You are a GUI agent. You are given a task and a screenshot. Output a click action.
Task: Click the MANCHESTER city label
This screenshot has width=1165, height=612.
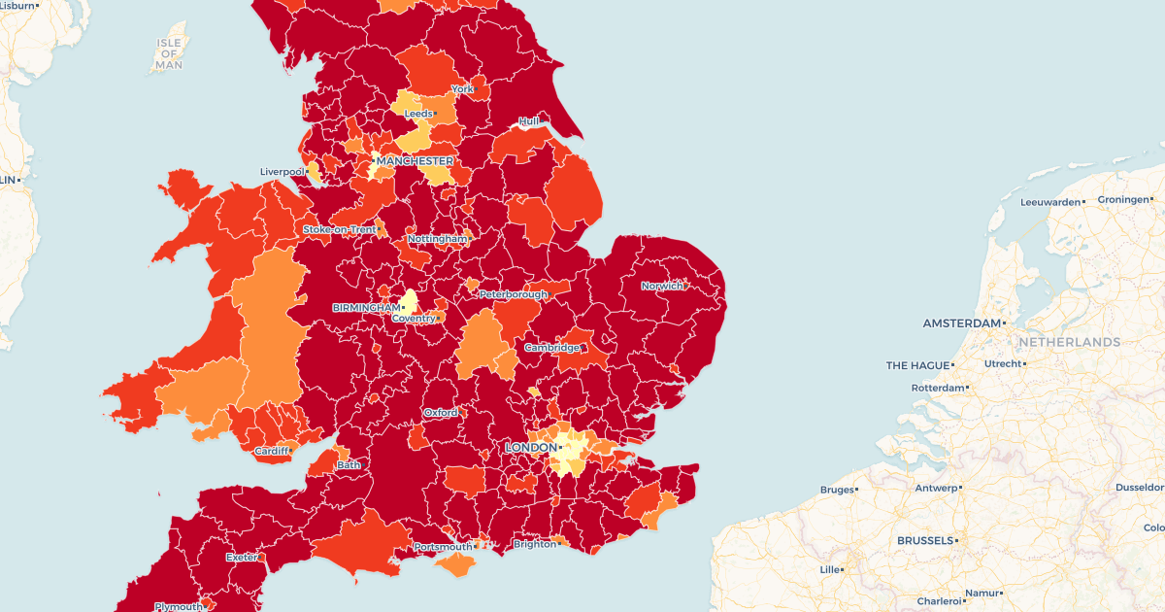point(415,160)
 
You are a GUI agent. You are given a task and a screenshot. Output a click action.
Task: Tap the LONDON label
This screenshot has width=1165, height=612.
point(530,447)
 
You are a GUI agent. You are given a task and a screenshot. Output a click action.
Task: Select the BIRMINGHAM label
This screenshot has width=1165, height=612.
point(366,307)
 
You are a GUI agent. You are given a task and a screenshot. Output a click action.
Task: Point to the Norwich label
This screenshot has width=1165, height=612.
point(661,286)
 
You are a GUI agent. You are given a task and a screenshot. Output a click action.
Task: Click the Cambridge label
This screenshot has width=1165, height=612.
point(551,347)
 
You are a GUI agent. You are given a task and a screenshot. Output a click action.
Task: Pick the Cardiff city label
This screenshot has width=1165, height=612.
point(271,451)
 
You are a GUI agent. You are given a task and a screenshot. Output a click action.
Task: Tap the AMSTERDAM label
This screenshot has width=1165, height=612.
point(961,323)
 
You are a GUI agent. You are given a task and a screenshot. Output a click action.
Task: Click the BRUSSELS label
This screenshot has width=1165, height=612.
point(926,540)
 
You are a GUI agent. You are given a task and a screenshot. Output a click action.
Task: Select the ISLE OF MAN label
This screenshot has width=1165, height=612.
point(169,53)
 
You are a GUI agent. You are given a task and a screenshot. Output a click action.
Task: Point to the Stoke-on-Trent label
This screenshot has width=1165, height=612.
point(339,229)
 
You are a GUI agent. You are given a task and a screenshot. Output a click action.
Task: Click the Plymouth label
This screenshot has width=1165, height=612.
point(179,606)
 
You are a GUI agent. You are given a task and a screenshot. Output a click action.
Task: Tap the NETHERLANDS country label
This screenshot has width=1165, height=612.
point(1069,342)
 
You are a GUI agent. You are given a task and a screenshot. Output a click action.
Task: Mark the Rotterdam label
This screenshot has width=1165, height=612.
point(938,388)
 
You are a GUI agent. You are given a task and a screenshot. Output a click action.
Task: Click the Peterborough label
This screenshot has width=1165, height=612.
point(513,293)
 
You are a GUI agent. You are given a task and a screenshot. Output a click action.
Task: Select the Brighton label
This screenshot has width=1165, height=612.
point(535,544)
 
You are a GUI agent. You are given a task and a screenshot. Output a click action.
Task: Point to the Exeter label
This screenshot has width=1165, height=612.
point(242,558)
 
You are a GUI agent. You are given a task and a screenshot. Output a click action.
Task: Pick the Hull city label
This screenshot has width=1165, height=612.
point(528,121)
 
